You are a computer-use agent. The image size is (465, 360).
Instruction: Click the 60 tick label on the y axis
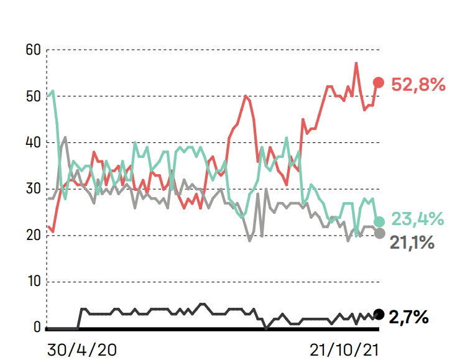[x=34, y=50]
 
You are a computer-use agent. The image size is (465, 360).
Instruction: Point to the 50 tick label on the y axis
[x=34, y=96]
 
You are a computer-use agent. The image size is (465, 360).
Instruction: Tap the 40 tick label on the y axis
[x=34, y=142]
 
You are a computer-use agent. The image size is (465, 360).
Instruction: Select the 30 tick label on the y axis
[x=34, y=189]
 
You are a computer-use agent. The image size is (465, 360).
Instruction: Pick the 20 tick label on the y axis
[x=34, y=236]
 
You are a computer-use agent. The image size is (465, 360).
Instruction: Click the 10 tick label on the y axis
[x=34, y=282]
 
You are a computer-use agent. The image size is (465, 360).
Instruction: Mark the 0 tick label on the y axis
[x=37, y=328]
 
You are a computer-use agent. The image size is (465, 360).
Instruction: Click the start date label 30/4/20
[x=82, y=349]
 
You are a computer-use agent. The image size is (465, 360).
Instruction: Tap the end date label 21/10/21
[x=344, y=349]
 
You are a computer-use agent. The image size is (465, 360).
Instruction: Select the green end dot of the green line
[x=379, y=221]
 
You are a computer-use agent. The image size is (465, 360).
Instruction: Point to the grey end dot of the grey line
[x=379, y=234]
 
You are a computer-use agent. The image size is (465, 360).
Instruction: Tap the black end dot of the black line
[x=379, y=314]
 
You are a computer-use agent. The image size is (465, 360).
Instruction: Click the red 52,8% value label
[x=418, y=85]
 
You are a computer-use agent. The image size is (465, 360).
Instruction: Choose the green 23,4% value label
[x=417, y=219]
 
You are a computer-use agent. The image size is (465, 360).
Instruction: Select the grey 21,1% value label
[x=412, y=242]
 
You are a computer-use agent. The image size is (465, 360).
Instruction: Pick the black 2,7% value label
[x=409, y=318]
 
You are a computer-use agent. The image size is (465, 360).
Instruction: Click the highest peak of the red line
[x=356, y=63]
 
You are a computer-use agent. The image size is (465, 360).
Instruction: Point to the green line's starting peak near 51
[x=53, y=91]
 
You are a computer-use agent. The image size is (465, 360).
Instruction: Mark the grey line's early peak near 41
[x=65, y=137]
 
